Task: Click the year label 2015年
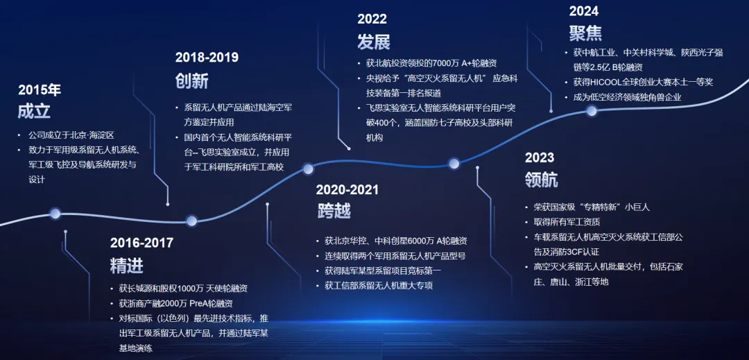point(40,90)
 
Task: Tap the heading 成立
point(34,111)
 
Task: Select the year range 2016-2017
point(142,243)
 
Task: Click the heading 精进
point(127,266)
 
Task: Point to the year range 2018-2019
point(207,58)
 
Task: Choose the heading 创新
point(192,80)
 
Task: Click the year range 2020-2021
point(347,189)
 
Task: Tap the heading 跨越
point(332,210)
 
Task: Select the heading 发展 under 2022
point(374,42)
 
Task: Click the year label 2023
point(540,157)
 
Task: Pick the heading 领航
point(541,180)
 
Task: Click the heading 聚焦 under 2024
point(585,33)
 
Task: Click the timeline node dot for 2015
point(55,214)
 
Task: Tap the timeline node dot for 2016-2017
point(191,221)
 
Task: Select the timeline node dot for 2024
point(592,111)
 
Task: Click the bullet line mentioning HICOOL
point(643,82)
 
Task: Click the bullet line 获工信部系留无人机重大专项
point(379,286)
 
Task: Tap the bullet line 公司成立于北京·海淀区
point(71,135)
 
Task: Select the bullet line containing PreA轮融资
point(175,303)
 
